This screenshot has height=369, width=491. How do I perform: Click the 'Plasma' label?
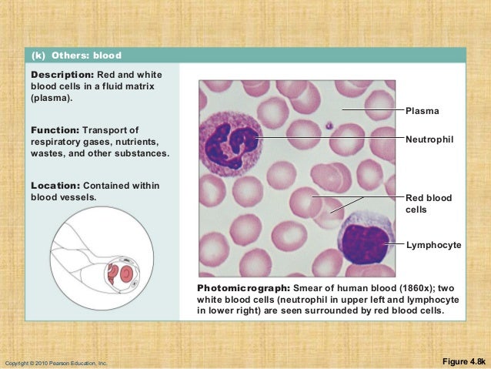click(x=423, y=112)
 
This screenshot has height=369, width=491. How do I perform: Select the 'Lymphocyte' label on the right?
click(x=433, y=245)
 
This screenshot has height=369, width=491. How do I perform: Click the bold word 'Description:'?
click(x=62, y=74)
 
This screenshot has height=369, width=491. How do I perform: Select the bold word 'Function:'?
click(x=56, y=129)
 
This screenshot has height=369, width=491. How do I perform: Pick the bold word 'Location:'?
click(x=56, y=186)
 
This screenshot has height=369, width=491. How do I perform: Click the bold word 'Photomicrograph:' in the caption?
click(x=243, y=288)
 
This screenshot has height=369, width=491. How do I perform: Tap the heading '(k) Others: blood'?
click(x=76, y=55)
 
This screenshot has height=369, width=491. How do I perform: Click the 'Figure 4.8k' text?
click(x=463, y=361)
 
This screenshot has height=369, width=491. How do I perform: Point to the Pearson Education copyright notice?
click(x=55, y=362)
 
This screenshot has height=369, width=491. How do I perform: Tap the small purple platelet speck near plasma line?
click(x=329, y=125)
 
